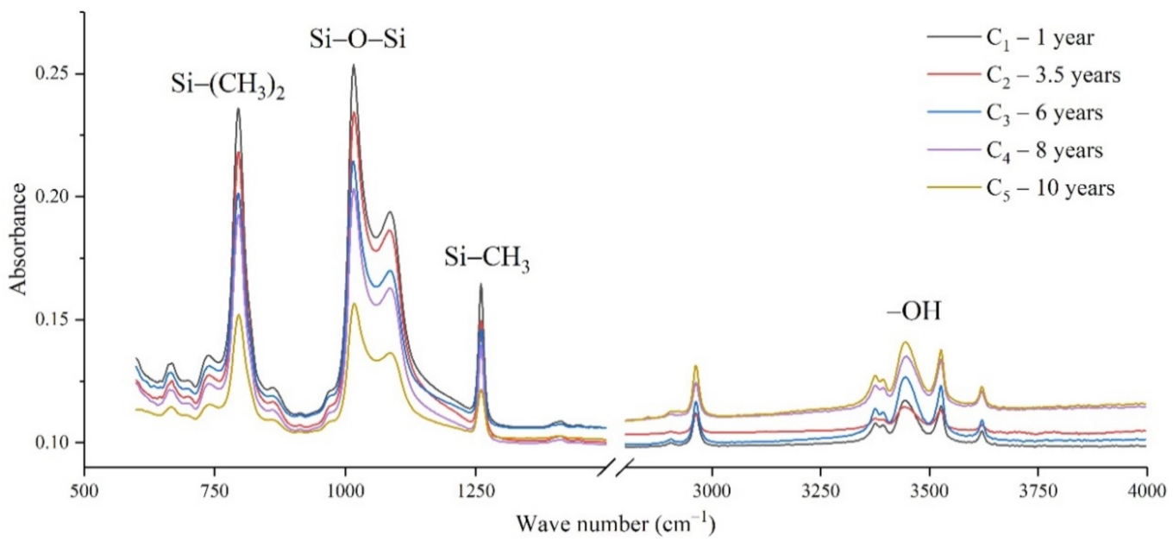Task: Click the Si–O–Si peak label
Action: click(357, 39)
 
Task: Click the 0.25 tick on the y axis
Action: click(57, 74)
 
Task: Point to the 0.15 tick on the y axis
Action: click(57, 320)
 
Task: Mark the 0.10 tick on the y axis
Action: click(57, 443)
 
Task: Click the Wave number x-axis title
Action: click(615, 523)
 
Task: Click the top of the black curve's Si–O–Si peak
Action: click(353, 66)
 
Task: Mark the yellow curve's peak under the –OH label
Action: click(906, 343)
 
